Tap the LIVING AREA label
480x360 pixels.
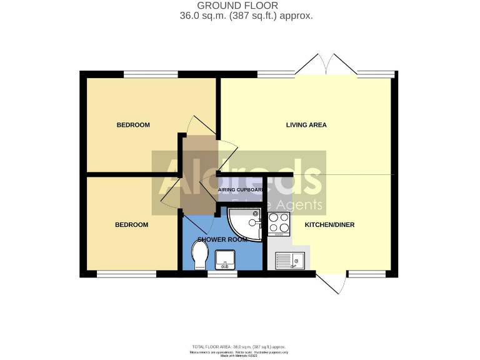(x=306, y=125)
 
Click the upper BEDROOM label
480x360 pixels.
(x=133, y=125)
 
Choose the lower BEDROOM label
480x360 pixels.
(x=132, y=224)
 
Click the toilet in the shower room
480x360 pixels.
(x=200, y=254)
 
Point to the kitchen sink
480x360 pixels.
(x=289, y=259)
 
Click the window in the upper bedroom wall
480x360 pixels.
(x=151, y=74)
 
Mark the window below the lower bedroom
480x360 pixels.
(x=126, y=273)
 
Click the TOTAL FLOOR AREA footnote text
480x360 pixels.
(x=241, y=346)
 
